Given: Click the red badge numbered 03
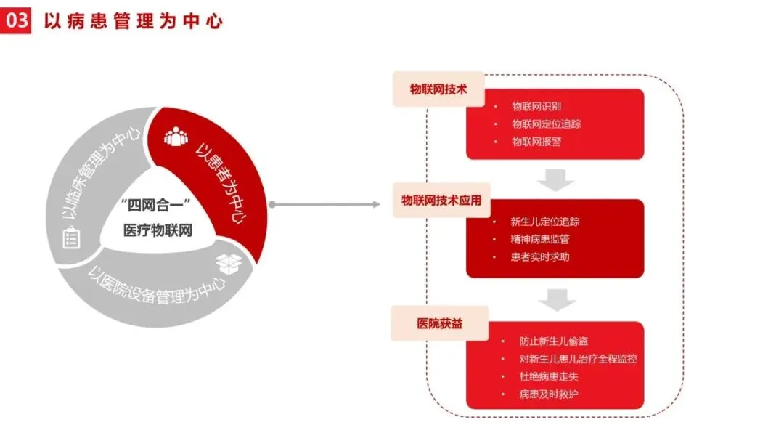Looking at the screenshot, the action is [15, 20].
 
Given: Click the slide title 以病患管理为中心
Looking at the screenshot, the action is [133, 20].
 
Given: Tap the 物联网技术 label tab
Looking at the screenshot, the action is [437, 89].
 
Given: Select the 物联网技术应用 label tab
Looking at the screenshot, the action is [441, 201].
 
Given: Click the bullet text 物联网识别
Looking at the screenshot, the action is [536, 107].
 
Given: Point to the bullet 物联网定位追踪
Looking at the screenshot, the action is [546, 124].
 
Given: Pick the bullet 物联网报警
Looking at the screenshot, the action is [536, 142].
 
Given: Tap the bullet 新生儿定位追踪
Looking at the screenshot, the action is [545, 221].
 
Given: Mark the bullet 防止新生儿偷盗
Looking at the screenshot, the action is [554, 341].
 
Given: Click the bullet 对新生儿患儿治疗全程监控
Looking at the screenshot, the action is [579, 359].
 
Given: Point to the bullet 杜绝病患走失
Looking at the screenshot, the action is [549, 376].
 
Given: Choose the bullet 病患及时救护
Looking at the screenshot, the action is [549, 395].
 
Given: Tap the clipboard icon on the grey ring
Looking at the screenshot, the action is [71, 238].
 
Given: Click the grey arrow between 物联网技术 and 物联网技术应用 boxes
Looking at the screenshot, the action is [558, 179].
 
